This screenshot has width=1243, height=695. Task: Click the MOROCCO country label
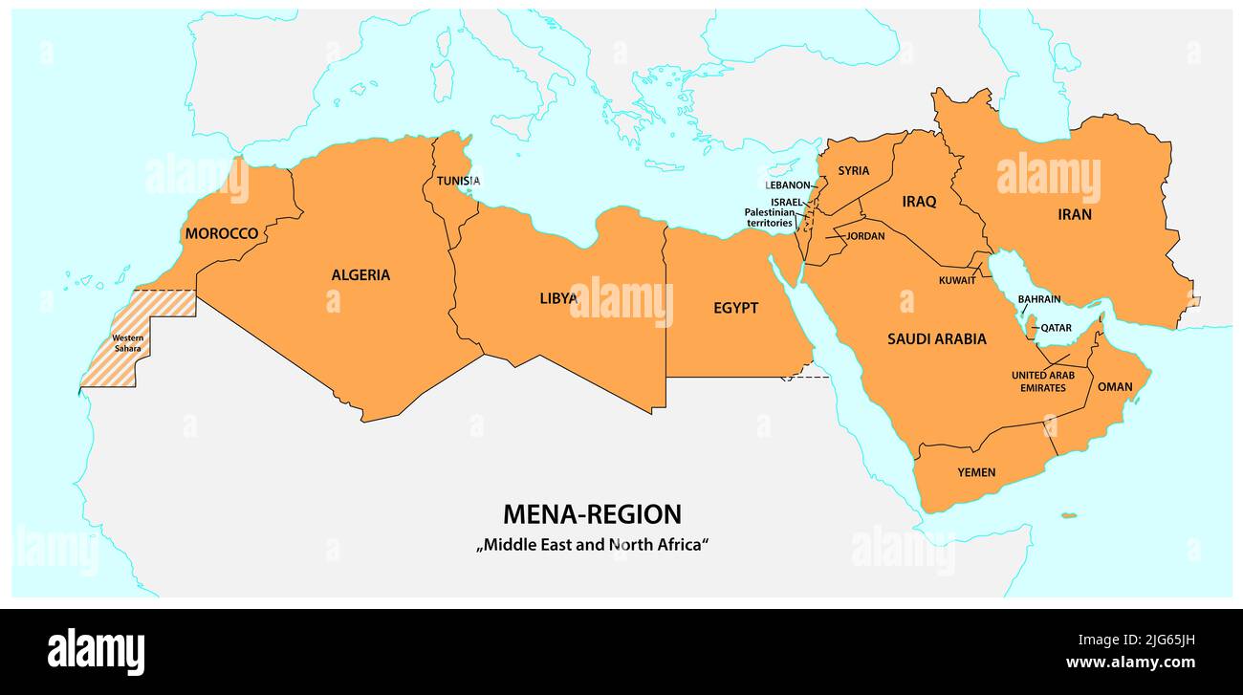pos(222,233)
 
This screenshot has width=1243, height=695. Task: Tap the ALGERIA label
pos(360,275)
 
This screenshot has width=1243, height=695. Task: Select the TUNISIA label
pos(458,181)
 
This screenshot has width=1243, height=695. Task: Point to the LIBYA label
pos(558,298)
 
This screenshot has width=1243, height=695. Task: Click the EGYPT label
pos(735,308)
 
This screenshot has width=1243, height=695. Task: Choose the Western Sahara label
pos(128,343)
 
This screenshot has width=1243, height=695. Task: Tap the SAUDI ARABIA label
pos(936,339)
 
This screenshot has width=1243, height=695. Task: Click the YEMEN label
pos(976,472)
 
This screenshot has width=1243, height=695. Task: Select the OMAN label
pos(1114,387)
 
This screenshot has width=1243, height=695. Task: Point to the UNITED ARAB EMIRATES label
pos(1042,381)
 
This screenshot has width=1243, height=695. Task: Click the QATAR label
pos(1056,328)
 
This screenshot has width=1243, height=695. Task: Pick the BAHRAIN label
pos(1038,299)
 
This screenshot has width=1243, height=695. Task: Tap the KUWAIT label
pos(957,280)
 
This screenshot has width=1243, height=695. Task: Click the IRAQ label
pos(919,202)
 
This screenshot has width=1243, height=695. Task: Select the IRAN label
pos(1074,215)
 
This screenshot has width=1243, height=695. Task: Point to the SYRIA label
pos(854,171)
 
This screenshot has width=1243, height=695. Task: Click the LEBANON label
pos(787,185)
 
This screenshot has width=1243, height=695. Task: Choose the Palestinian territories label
pos(770,217)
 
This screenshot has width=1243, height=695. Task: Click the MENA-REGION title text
pos(592,514)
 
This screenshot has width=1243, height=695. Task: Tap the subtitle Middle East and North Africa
pos(592,545)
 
